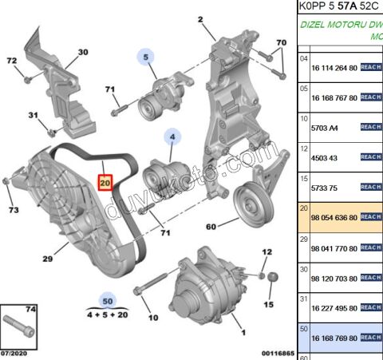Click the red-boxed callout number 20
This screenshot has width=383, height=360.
[x=105, y=183]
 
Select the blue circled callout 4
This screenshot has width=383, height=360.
[x=170, y=136]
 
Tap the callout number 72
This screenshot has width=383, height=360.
[x=11, y=61]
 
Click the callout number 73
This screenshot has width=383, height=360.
[x=13, y=210]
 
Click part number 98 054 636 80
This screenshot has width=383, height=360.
[x=334, y=216]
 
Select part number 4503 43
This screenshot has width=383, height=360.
[x=323, y=156]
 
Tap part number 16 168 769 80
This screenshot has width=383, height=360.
[x=334, y=338]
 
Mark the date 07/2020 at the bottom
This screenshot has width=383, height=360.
[x=17, y=352]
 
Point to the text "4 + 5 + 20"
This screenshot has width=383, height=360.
[x=106, y=315]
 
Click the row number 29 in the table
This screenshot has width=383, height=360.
[x=303, y=239]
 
